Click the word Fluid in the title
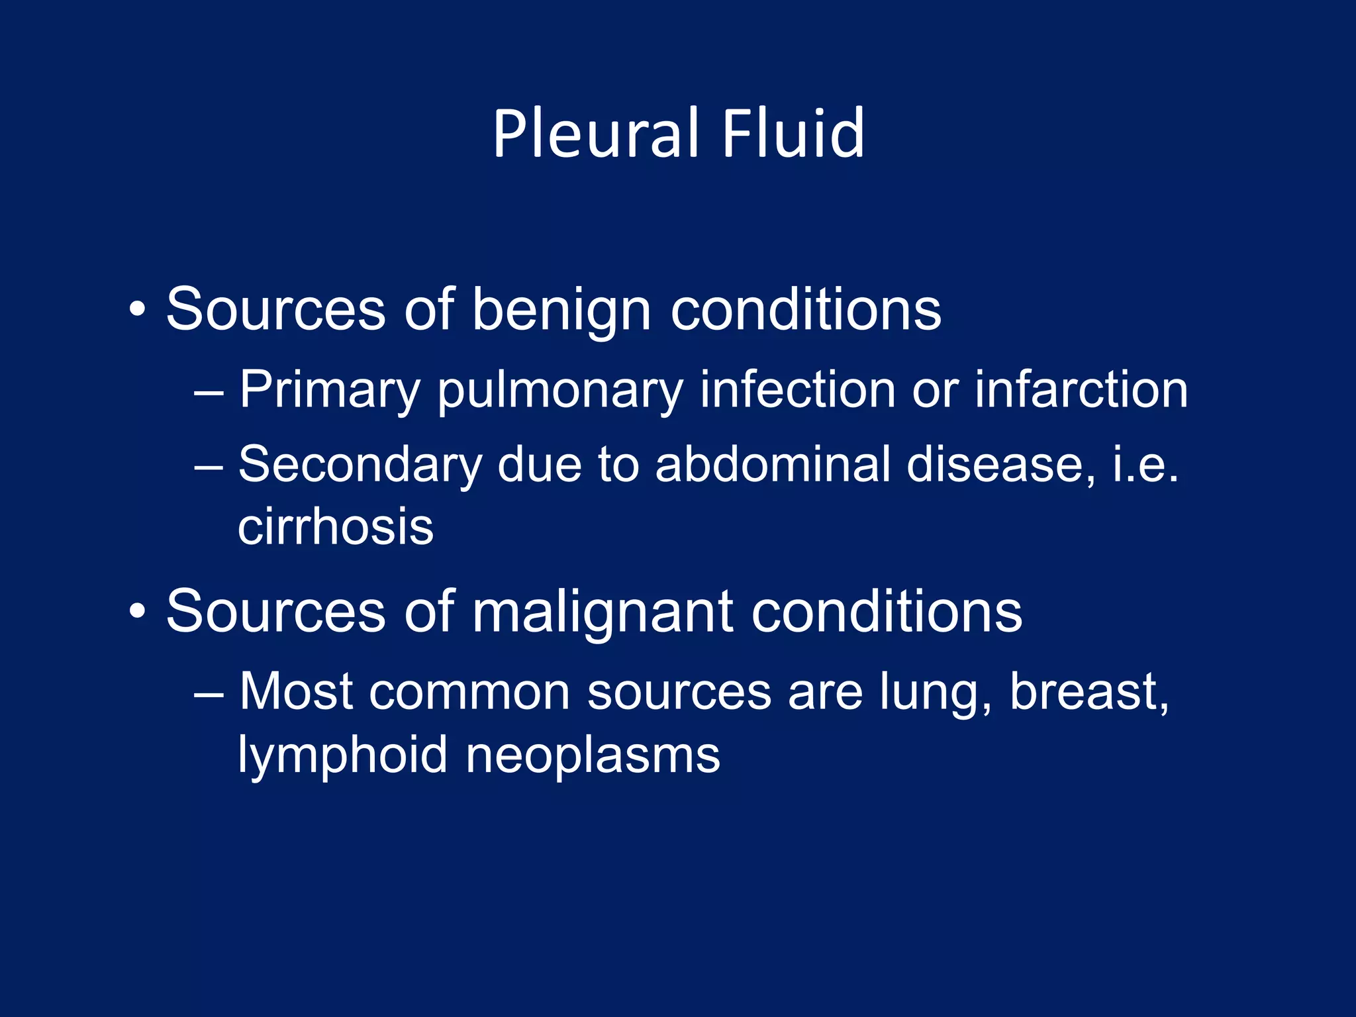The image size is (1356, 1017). pos(793,134)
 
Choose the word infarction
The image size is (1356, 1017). pos(1081,389)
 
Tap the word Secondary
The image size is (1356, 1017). pos(360,465)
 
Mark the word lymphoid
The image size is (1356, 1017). pos(342,755)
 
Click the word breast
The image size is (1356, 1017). pos(1089,692)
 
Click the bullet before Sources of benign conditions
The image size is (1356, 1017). pos(137,309)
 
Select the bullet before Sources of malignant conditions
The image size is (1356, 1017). pos(137,611)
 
